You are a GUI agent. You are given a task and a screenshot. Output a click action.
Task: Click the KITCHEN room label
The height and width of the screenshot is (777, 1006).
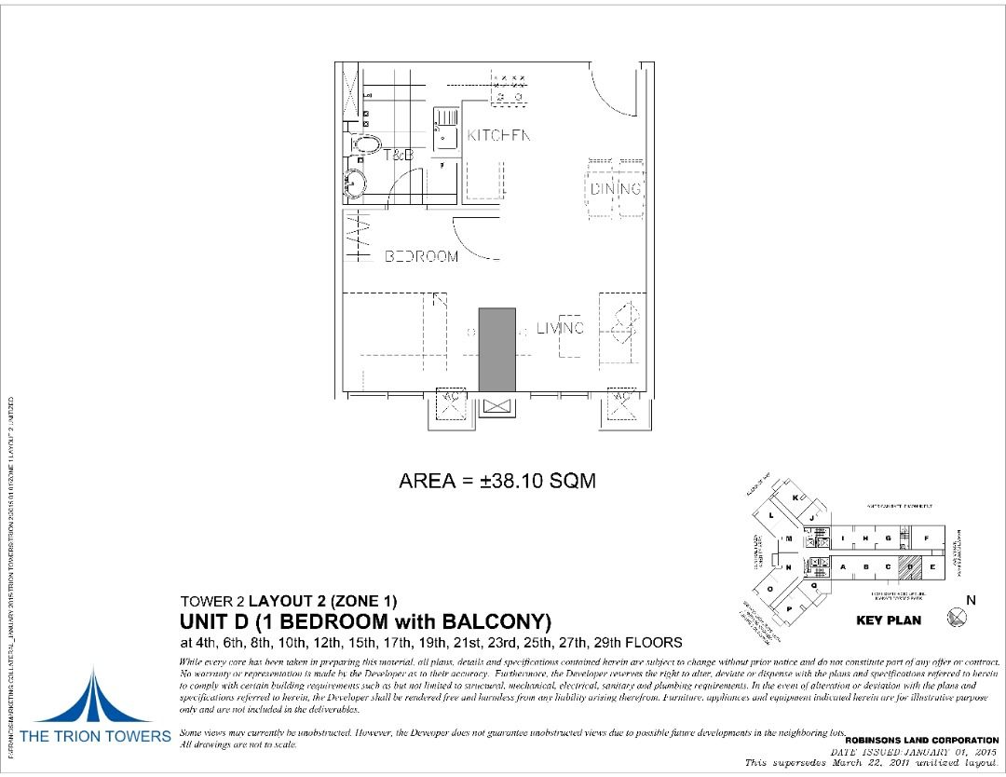(498, 135)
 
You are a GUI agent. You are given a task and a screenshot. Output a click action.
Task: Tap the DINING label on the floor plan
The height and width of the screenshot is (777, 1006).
(616, 189)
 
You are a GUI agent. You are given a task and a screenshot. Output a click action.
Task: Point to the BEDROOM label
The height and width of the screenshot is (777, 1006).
(422, 256)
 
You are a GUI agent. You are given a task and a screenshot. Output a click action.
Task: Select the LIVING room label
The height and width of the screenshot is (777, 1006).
(560, 328)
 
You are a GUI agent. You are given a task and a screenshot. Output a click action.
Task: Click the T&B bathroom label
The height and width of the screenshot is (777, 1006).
(399, 156)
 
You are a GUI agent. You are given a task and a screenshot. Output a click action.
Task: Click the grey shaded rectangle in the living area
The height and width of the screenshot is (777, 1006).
(496, 349)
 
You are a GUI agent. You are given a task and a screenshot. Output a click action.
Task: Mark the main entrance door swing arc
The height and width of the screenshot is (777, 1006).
(610, 89)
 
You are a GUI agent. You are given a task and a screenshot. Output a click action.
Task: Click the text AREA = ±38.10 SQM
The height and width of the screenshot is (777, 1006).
(496, 481)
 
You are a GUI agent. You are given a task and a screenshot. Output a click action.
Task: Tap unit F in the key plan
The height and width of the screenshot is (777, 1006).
(928, 538)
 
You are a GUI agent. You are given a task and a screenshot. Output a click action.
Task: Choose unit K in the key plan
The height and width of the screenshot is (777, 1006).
(795, 498)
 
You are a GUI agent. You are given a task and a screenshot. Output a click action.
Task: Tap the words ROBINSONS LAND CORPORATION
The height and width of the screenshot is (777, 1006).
(921, 740)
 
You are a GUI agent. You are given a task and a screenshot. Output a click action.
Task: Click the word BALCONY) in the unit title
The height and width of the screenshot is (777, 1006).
(499, 621)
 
